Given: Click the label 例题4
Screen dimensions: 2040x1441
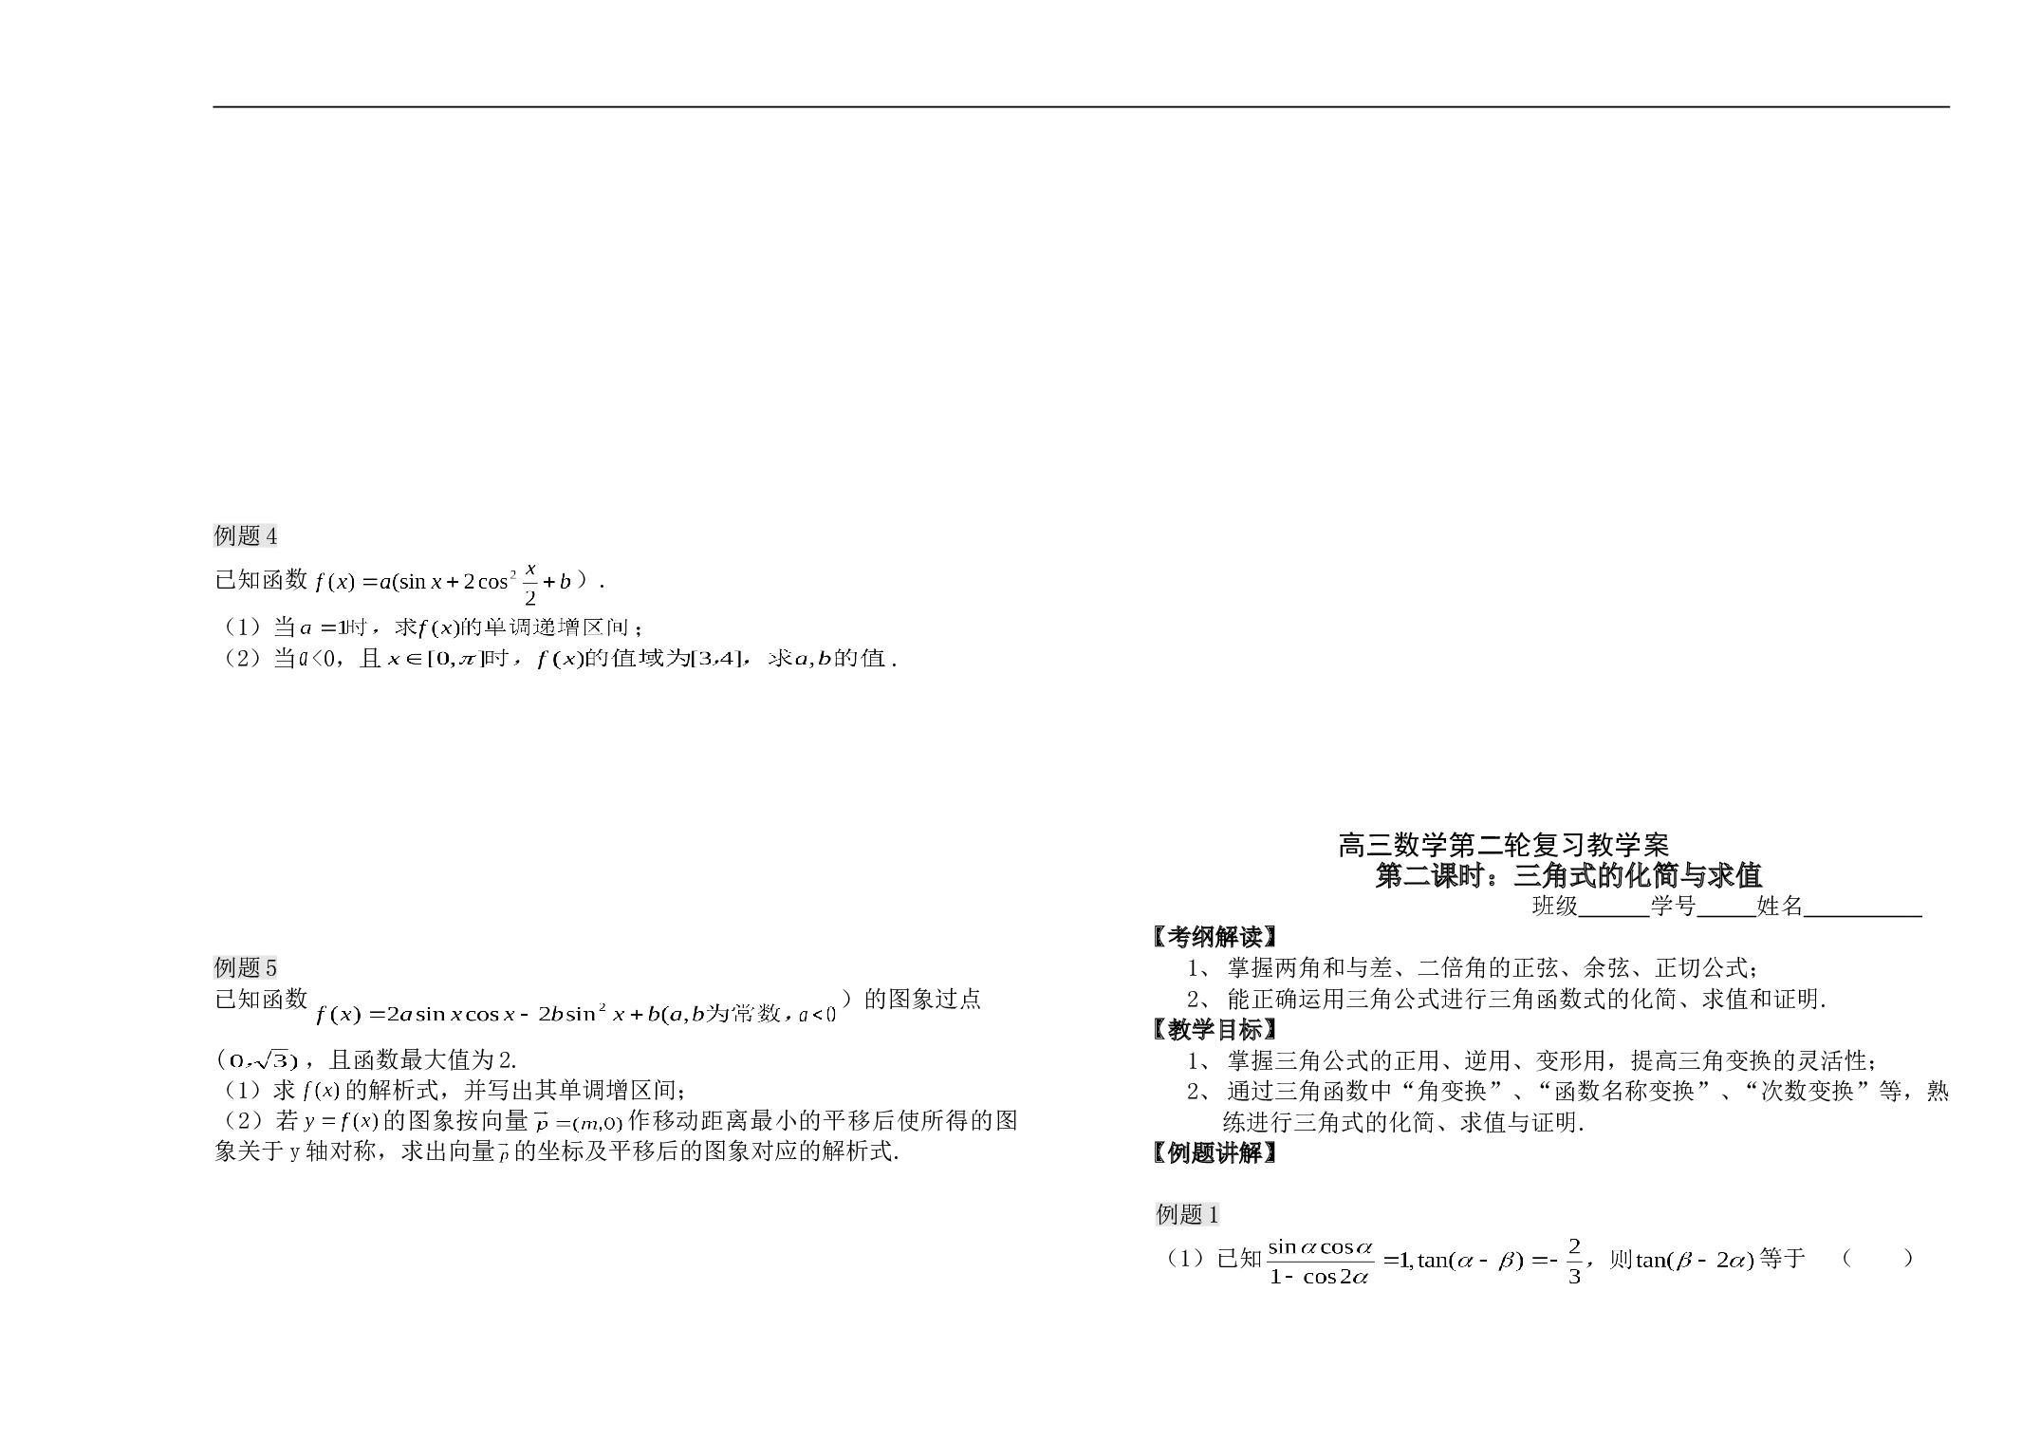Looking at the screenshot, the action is [246, 536].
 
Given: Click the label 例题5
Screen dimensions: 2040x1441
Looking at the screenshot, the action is [246, 967].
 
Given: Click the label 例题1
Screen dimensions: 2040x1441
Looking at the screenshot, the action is [1188, 1214].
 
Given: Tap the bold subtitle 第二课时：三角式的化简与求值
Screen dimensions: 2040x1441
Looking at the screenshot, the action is [1568, 874].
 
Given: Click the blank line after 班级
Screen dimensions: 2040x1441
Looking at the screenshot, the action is [1614, 916].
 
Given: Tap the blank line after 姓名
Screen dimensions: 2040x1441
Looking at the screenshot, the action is [1863, 916].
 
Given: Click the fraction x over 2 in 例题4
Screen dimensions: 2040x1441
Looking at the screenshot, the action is [530, 584].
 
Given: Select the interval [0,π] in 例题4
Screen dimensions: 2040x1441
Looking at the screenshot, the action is [454, 659].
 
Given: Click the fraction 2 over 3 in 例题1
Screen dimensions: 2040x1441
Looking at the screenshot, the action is [1574, 1261].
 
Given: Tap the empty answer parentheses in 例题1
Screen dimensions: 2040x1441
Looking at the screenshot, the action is [1878, 1259].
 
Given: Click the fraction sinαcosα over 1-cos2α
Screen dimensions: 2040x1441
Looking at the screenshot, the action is [1321, 1261].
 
